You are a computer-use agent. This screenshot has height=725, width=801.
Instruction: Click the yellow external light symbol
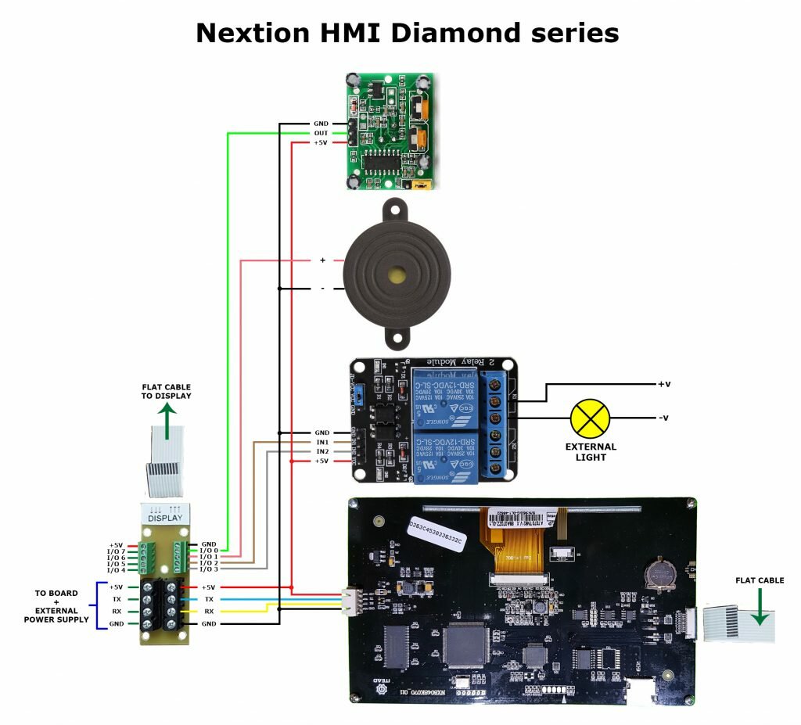click(591, 418)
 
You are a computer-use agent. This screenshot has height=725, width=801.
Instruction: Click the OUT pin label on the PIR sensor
click(321, 133)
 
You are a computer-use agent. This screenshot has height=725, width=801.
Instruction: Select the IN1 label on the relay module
click(321, 442)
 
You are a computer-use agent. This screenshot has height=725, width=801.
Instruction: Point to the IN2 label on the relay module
click(321, 451)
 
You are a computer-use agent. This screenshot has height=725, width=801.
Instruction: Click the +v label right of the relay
click(664, 384)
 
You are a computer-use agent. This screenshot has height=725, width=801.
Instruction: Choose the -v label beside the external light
click(663, 418)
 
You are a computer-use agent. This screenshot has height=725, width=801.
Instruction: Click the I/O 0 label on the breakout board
click(209, 551)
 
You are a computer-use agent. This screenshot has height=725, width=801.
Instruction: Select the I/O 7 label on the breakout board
click(117, 551)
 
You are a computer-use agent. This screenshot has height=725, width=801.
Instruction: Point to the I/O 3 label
click(209, 569)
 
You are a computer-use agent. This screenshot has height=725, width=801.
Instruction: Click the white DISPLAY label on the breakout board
click(165, 517)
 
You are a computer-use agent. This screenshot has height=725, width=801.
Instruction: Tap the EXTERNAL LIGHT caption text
click(591, 451)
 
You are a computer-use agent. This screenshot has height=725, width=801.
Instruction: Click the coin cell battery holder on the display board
click(658, 573)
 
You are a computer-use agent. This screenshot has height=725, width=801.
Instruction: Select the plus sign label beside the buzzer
click(322, 260)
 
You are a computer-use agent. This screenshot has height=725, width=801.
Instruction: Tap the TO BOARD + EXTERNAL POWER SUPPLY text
click(56, 606)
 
